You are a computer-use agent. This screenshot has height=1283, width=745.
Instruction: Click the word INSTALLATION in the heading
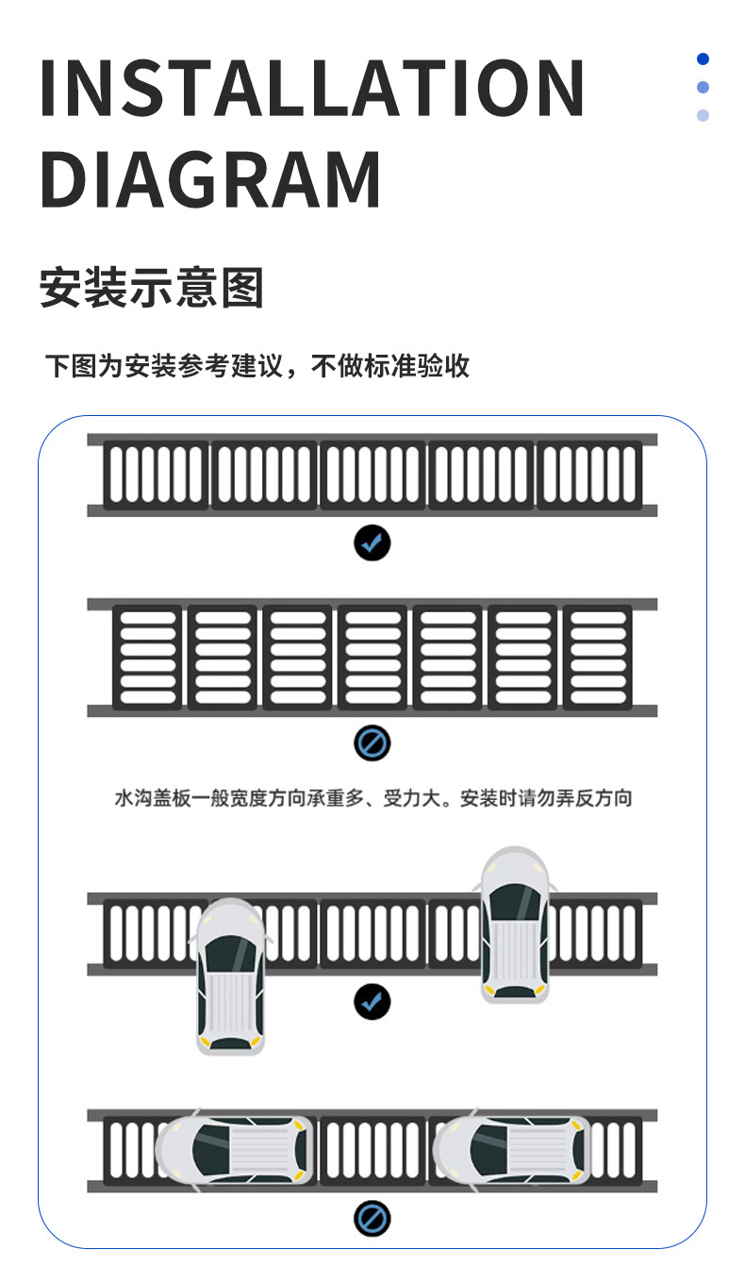pyautogui.click(x=312, y=88)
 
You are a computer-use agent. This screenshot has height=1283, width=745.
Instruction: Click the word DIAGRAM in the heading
pyautogui.click(x=211, y=179)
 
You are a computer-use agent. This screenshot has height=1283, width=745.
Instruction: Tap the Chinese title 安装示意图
pyautogui.click(x=151, y=288)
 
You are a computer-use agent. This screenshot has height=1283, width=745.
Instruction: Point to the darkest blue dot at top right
pyautogui.click(x=703, y=59)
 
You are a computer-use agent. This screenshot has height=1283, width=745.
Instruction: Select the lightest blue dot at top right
pyautogui.click(x=703, y=116)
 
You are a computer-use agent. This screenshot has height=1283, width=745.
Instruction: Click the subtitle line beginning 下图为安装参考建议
pyautogui.click(x=257, y=365)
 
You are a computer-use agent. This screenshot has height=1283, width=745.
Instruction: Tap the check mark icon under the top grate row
pyautogui.click(x=372, y=542)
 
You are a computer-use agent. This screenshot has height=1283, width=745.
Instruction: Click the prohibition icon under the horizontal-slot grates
pyautogui.click(x=372, y=744)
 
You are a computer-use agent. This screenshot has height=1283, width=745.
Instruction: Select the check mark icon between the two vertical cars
pyautogui.click(x=372, y=1001)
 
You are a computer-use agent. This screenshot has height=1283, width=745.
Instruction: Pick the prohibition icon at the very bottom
pyautogui.click(x=372, y=1220)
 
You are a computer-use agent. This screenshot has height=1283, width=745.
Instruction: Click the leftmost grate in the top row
pyautogui.click(x=156, y=475)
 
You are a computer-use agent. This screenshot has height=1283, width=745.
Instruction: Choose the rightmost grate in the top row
pyautogui.click(x=589, y=475)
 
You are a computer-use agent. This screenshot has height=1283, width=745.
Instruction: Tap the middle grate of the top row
pyautogui.click(x=372, y=475)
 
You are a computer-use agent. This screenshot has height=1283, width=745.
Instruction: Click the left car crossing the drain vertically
pyautogui.click(x=230, y=976)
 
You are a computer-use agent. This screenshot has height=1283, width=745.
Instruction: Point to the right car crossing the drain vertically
pyautogui.click(x=514, y=925)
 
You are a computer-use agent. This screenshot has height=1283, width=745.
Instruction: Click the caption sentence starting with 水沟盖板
pyautogui.click(x=372, y=798)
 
